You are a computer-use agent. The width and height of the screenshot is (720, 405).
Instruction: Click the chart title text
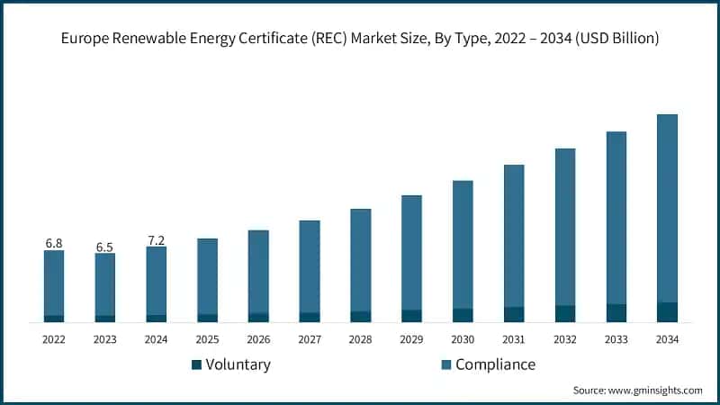coord(360,39)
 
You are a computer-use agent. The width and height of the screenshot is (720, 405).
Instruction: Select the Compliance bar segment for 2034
coord(667,208)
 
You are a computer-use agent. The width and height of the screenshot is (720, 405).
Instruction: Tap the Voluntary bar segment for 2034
coord(667,311)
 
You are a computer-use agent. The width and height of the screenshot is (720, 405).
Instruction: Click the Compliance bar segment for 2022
coord(54,283)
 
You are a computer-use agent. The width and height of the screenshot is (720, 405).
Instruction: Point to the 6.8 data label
coord(54,243)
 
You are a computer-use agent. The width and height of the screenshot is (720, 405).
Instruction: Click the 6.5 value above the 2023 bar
coord(105,247)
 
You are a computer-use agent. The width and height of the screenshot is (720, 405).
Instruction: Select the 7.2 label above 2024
coord(156,240)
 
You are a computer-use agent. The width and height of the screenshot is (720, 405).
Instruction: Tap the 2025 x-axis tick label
coord(207,339)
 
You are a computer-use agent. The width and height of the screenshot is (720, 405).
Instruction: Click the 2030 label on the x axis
coord(463,339)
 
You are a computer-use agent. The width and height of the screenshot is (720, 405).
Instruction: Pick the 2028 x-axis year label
coord(360,339)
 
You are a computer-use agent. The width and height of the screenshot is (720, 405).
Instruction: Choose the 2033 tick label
coord(616,339)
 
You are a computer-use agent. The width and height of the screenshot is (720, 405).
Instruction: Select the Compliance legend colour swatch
coord(445,364)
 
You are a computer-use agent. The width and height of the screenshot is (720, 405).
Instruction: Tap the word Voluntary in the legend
coord(238,364)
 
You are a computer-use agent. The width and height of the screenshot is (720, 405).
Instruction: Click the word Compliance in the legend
coord(495,364)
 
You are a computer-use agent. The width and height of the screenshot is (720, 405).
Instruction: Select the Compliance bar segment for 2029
coord(411,252)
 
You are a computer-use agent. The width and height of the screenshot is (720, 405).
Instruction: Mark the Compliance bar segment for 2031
coord(514,236)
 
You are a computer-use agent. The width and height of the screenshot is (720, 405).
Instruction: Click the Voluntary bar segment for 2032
coord(564,313)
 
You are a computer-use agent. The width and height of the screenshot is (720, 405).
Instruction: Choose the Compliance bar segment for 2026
coord(258,271)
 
